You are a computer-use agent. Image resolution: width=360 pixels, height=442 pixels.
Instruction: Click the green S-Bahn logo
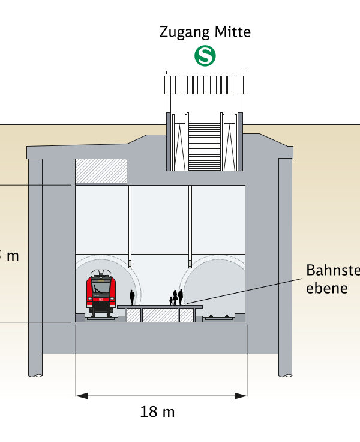[205, 56]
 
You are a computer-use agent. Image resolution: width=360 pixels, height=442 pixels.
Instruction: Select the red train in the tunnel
[101, 294]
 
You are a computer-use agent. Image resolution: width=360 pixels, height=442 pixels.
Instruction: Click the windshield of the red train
[101, 286]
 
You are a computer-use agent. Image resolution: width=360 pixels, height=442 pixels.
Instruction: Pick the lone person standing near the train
[132, 297]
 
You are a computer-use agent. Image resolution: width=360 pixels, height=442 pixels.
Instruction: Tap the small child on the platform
[170, 301]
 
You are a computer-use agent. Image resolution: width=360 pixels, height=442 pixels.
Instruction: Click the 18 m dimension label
[157, 412]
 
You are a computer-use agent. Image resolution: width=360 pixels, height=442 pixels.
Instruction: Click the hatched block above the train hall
[101, 171]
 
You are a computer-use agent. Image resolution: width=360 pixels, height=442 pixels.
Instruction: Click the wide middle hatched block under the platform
[160, 315]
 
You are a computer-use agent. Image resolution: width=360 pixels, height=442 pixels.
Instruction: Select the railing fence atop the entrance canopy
[205, 83]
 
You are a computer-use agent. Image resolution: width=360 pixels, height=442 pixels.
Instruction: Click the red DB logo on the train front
[101, 298]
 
